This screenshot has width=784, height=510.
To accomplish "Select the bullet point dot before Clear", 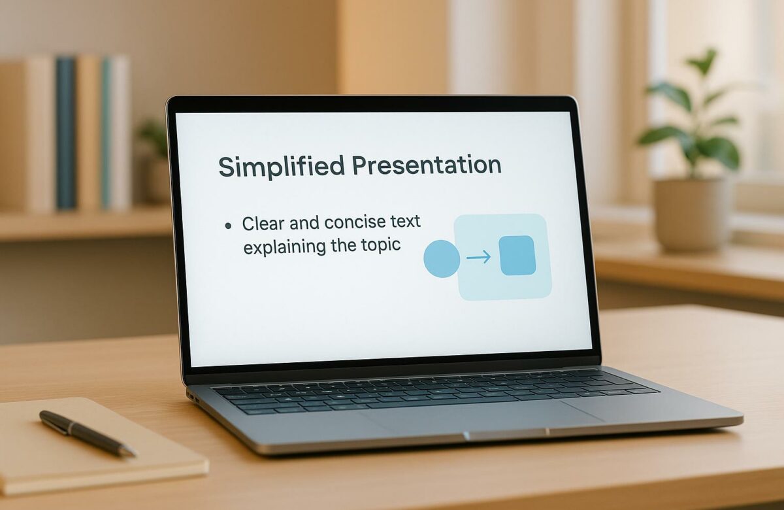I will tap(227, 226).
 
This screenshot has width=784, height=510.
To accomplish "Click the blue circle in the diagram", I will tap(442, 258).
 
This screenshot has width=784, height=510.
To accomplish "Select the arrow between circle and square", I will tap(478, 258).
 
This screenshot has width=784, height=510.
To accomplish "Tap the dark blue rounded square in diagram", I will tap(517, 256).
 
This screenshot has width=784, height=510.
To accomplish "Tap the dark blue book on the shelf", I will tap(65, 134).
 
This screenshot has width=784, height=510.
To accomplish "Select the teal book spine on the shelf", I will tap(106, 134).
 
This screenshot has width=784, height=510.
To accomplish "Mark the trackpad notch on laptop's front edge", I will tap(505, 434).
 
